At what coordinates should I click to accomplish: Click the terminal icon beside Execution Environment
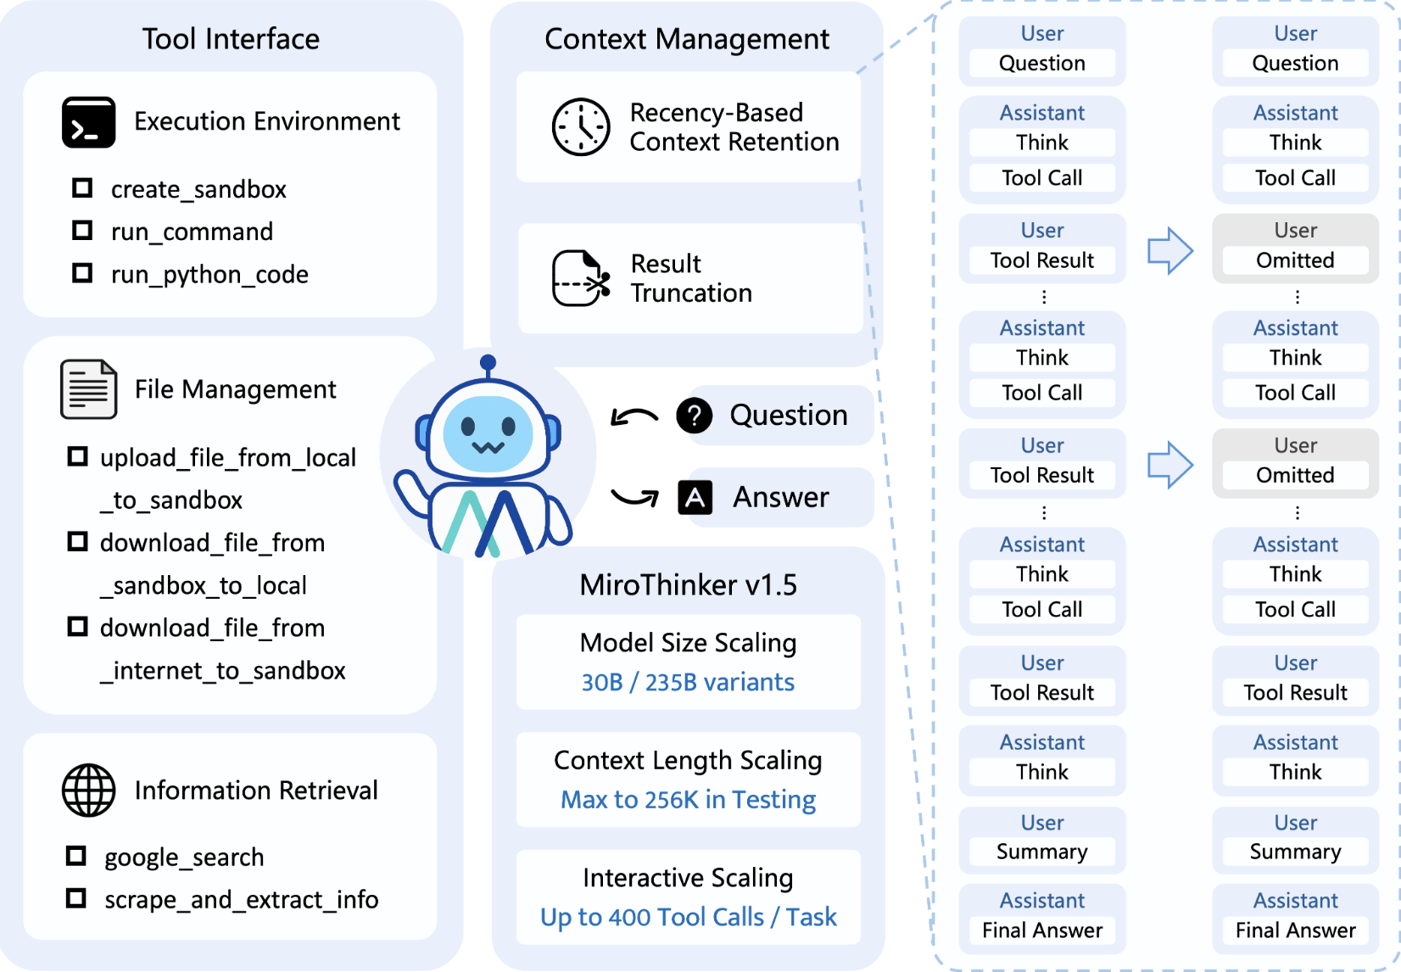coord(88,123)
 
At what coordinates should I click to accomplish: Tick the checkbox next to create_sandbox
coord(82,187)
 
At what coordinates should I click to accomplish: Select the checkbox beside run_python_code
coord(82,273)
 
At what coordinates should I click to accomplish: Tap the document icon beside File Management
coord(88,389)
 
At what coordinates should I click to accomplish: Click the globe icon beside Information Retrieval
coord(88,790)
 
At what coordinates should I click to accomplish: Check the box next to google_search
coord(76,856)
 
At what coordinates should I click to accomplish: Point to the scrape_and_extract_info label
coord(241,899)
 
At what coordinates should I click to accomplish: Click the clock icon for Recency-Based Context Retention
coord(581,127)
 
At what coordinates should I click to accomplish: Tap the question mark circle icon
coord(694,415)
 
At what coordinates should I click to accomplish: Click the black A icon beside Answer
coord(695,498)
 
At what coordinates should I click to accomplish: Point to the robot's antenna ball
coord(488,363)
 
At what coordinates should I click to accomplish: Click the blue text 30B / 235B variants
coord(688,682)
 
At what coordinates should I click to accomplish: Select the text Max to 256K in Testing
coord(688,799)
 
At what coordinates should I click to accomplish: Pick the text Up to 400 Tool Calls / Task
coord(688,917)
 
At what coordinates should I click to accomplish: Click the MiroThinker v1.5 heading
coord(688,585)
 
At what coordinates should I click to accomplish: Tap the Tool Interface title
coord(231,39)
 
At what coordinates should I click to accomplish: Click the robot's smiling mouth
coord(488,446)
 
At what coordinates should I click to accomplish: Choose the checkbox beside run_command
coord(82,230)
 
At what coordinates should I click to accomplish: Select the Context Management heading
coord(687,39)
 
